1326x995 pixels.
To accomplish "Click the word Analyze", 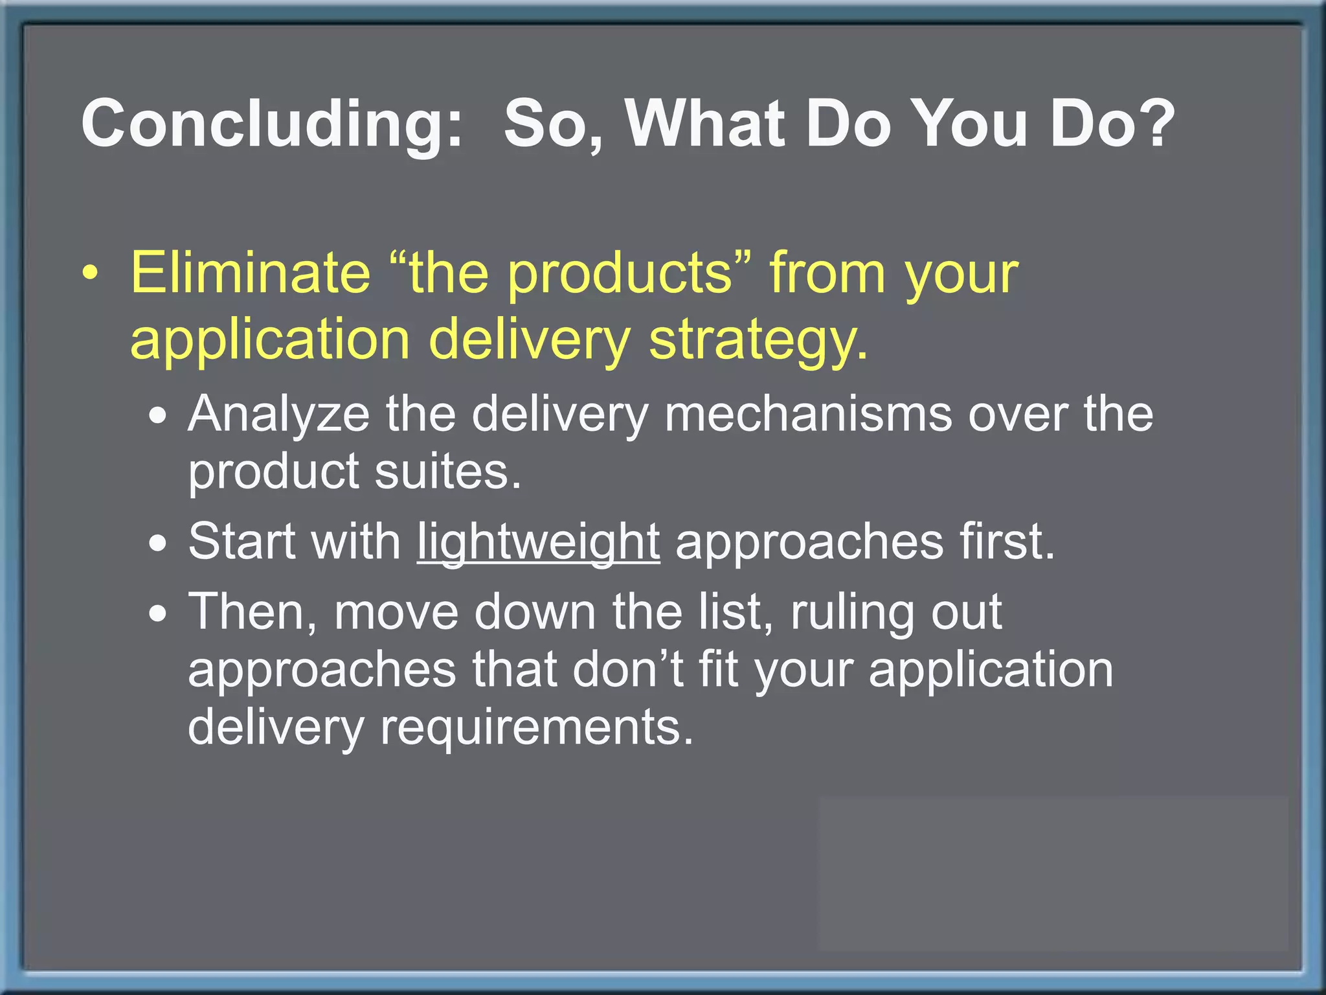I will pyautogui.click(x=278, y=415).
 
